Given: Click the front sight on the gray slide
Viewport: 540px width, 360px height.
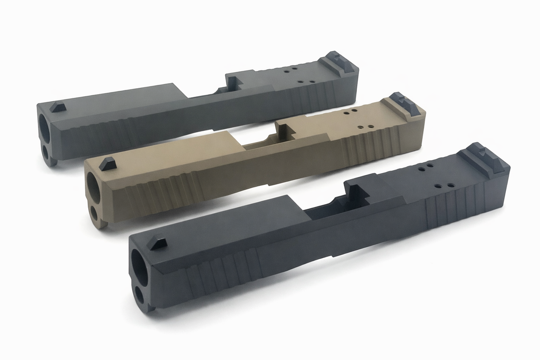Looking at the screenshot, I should tap(58, 107).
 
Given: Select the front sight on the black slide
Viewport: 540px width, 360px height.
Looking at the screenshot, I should tap(158, 242).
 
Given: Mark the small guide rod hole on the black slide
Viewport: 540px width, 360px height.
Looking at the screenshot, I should tap(140, 296).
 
